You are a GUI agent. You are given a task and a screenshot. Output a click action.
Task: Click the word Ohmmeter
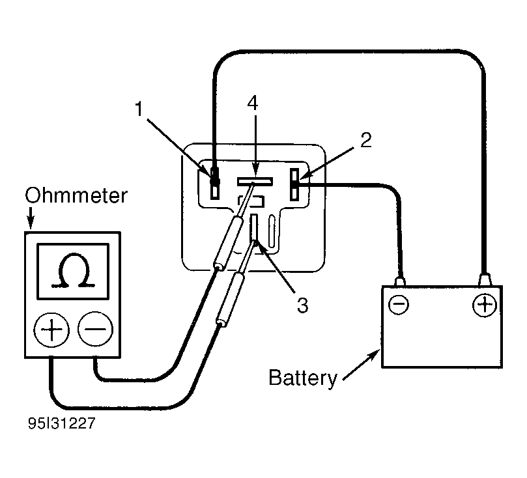coord(76,195)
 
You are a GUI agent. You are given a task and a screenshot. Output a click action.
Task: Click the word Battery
coord(303,378)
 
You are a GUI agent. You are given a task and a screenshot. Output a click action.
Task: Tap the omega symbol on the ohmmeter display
coord(72,271)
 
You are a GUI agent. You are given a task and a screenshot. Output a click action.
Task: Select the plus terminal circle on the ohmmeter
coord(51,330)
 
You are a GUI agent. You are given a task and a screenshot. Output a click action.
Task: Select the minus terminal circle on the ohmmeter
coord(96,328)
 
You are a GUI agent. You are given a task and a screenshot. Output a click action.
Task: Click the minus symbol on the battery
coord(399,305)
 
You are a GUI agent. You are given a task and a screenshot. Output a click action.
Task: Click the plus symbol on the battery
coord(485,305)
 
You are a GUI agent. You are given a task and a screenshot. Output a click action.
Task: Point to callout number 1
coord(139,109)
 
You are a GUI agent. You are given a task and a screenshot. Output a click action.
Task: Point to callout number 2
coord(366,140)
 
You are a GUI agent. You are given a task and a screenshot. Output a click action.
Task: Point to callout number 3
coord(302,305)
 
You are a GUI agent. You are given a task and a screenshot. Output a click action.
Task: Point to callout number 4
coord(253,103)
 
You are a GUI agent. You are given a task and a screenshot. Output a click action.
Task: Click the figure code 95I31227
coord(61,423)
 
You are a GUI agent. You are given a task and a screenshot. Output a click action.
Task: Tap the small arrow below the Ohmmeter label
coord(31,218)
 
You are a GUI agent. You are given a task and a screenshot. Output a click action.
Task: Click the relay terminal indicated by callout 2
coord(294,185)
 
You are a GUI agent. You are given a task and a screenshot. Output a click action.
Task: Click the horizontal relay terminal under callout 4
coord(255,182)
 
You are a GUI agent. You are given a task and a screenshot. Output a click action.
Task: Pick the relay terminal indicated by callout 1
coord(215,184)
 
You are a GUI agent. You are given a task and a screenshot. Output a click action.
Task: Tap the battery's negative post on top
coord(399,281)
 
